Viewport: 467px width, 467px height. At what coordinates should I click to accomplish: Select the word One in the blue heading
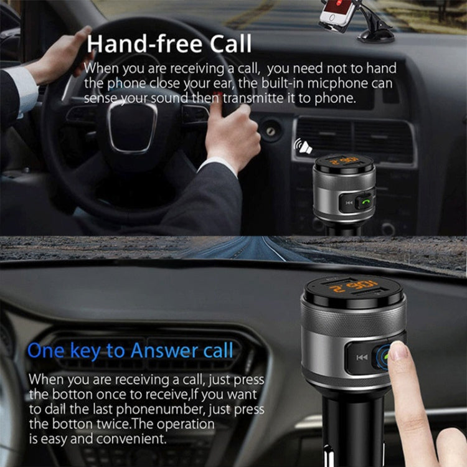45,351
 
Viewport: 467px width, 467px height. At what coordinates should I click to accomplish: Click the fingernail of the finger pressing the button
397,351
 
